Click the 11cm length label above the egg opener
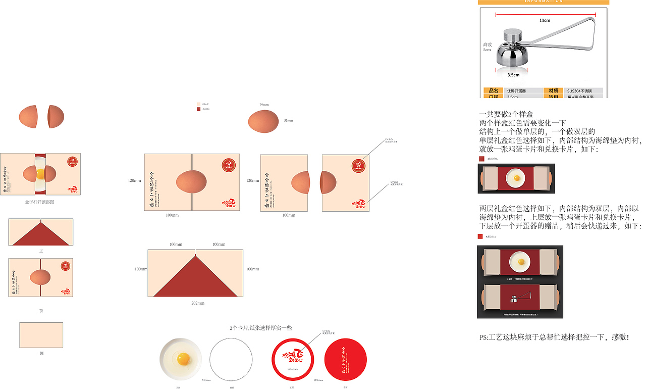click(545, 20)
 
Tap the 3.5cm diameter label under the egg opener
click(513, 75)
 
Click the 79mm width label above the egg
click(264, 105)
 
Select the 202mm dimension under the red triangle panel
click(197, 303)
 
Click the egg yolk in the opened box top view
click(40, 174)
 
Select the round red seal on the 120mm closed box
click(229, 165)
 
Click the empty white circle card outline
click(231, 359)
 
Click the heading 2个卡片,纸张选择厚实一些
click(260, 328)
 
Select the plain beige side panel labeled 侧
click(41, 335)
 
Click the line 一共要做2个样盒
click(506, 115)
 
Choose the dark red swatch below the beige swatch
click(198, 109)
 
